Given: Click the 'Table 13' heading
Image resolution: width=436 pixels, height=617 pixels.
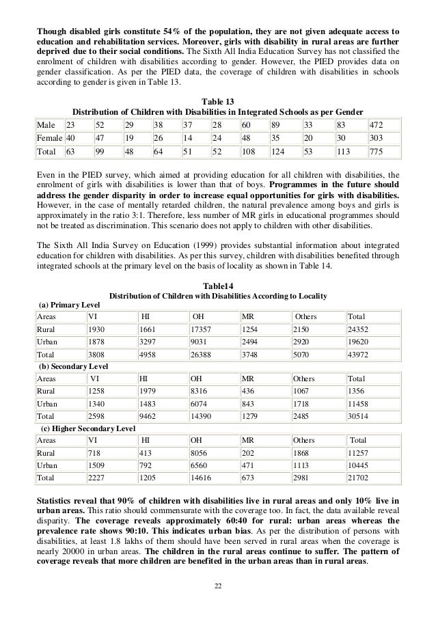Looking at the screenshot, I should pyautogui.click(x=219, y=100).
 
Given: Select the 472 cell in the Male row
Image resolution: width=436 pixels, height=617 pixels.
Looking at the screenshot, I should pyautogui.click(x=376, y=126).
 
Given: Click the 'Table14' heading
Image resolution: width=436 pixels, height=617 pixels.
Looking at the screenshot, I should pyautogui.click(x=218, y=285).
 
